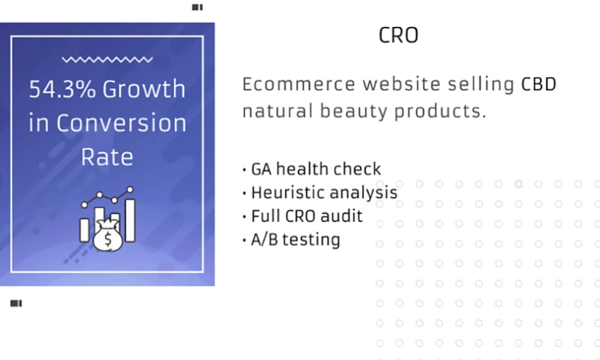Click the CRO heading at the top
[398, 36]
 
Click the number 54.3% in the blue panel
[62, 89]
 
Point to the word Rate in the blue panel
[106, 157]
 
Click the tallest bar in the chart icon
[130, 220]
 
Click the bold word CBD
[538, 84]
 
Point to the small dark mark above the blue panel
[197, 7]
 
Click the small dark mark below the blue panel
[16, 304]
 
